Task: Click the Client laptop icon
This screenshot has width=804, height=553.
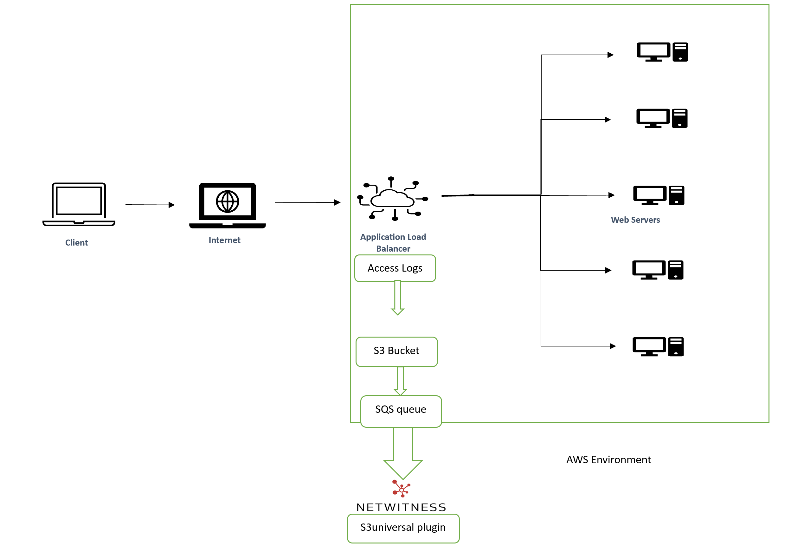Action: pyautogui.click(x=79, y=204)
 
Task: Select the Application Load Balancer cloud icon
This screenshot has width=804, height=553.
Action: pyautogui.click(x=392, y=199)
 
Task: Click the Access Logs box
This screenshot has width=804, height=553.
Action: pyautogui.click(x=395, y=268)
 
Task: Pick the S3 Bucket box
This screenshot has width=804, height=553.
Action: pyautogui.click(x=396, y=351)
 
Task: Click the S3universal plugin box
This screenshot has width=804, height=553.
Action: pyautogui.click(x=403, y=528)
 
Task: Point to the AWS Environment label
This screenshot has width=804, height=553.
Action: pyautogui.click(x=608, y=459)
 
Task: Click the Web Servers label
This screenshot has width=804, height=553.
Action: pyautogui.click(x=635, y=220)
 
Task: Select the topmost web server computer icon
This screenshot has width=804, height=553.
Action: pyautogui.click(x=662, y=52)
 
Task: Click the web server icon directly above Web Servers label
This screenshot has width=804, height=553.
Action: pyautogui.click(x=658, y=195)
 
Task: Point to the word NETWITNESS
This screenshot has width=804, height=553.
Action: pyautogui.click(x=401, y=507)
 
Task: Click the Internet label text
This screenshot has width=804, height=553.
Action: pyautogui.click(x=224, y=240)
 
